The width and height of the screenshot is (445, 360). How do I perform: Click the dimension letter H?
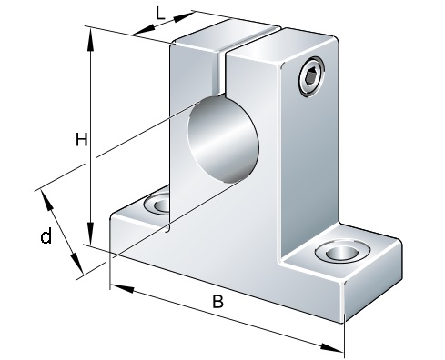click(81, 139)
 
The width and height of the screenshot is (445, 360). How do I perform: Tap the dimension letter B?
click(217, 301)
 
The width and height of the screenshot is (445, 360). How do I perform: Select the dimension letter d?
click(46, 236)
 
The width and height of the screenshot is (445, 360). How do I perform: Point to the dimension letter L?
click(160, 14)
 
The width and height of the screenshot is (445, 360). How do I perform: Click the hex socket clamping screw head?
click(311, 77)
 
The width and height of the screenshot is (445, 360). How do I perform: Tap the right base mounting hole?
click(342, 252)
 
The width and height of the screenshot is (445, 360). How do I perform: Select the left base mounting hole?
click(157, 204)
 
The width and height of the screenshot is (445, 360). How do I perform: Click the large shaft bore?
click(223, 140)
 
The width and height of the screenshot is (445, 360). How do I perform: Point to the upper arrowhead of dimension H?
click(90, 40)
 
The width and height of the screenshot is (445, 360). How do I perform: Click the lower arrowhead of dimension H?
click(90, 233)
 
